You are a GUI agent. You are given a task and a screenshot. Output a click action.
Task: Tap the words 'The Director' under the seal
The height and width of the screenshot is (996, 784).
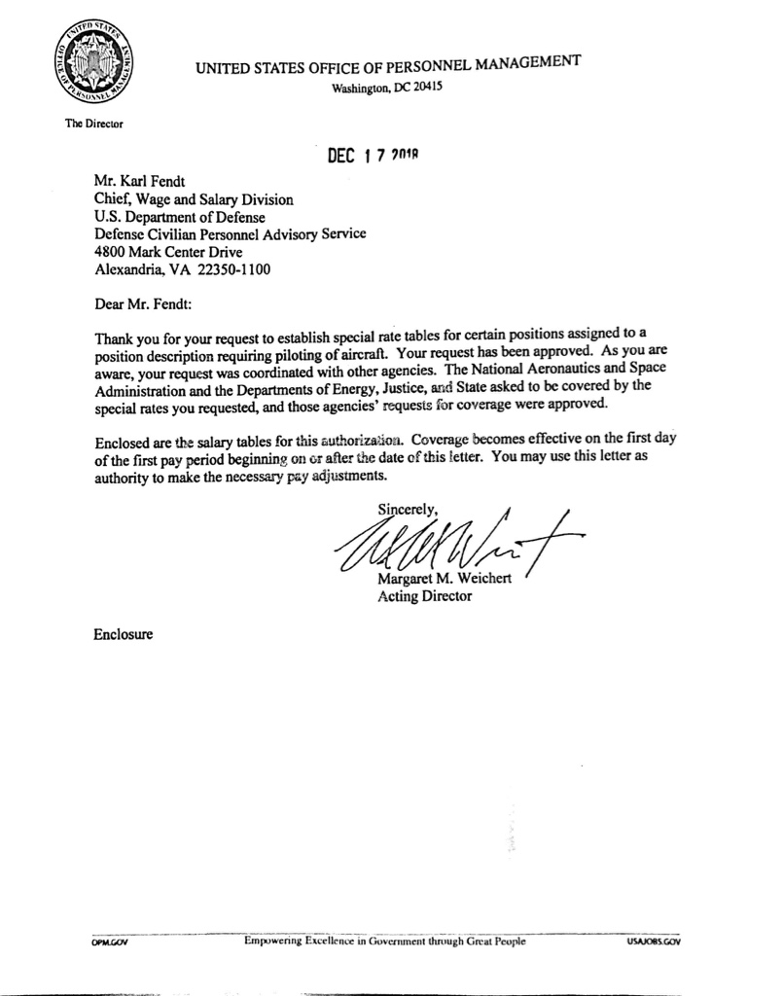tap(93, 124)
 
